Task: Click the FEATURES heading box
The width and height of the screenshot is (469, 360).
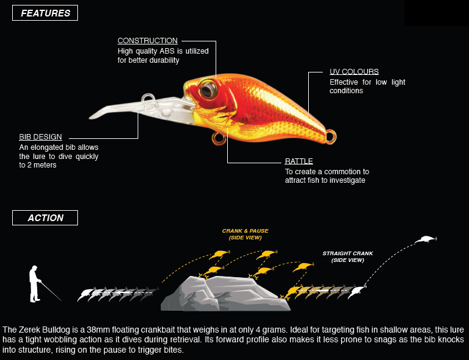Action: (45, 13)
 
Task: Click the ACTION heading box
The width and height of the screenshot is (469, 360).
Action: (45, 218)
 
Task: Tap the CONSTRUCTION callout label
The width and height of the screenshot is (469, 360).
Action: (147, 41)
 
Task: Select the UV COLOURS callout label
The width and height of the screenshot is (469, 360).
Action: (354, 71)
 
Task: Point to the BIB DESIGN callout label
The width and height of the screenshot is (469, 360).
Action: (40, 137)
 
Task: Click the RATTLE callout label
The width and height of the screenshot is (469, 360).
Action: (299, 161)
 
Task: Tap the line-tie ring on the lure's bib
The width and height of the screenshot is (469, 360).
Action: (147, 97)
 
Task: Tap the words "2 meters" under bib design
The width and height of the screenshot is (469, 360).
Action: (38, 165)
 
